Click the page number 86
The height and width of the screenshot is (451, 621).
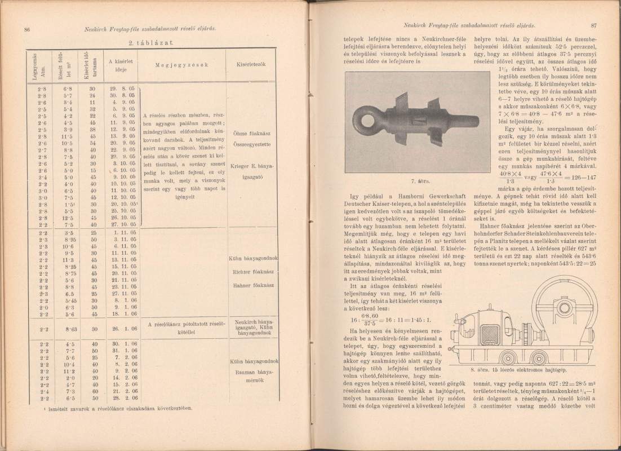click(x=26, y=28)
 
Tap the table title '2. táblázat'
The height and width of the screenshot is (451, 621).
click(x=145, y=43)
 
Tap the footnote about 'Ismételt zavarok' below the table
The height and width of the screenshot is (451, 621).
click(x=124, y=407)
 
